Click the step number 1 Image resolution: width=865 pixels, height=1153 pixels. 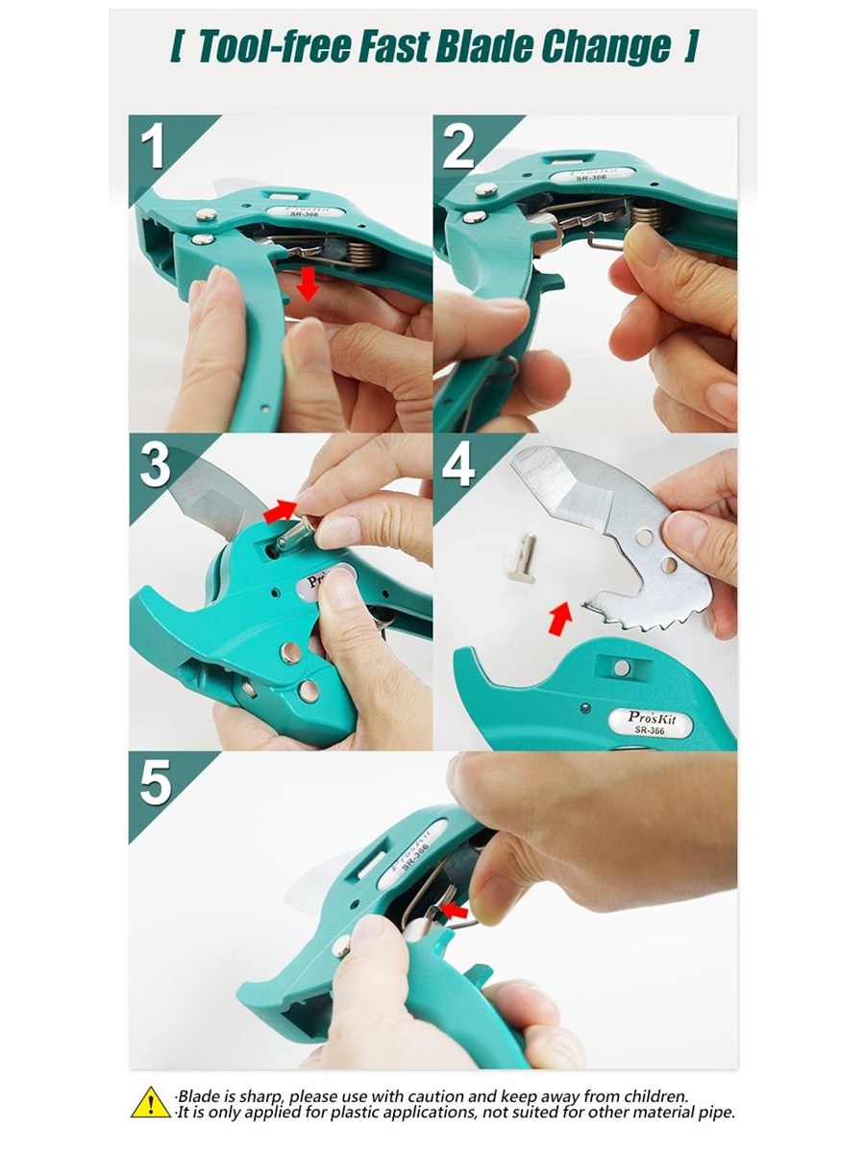(154, 147)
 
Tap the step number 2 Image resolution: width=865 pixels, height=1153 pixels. (458, 147)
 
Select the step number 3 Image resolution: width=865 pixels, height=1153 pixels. (155, 466)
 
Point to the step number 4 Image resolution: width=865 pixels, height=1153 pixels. (458, 466)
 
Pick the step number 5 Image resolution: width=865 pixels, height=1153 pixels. (156, 783)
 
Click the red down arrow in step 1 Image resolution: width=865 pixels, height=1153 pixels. (308, 283)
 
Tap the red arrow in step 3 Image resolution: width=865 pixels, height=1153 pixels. (280, 511)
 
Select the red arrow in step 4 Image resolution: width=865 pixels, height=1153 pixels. (560, 619)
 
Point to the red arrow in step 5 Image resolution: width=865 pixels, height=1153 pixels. (455, 910)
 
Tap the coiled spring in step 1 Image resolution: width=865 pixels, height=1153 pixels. (359, 254)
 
